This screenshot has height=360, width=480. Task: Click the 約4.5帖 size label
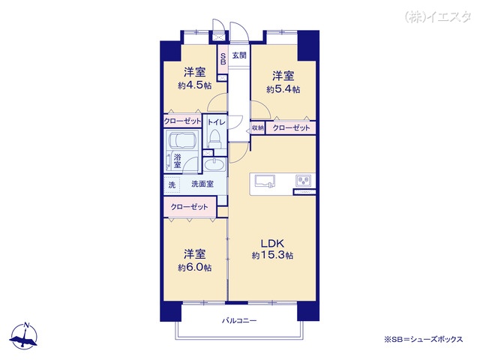coord(195,85)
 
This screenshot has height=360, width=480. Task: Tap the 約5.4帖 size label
coord(283,89)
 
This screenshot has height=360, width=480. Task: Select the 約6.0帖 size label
coord(195,268)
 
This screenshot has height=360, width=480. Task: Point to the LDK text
coord(272,243)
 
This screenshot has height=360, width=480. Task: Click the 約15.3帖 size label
coord(272,255)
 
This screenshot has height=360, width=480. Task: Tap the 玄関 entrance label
coord(239,55)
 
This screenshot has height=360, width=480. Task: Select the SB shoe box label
coord(223,59)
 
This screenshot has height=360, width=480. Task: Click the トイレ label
coord(217,122)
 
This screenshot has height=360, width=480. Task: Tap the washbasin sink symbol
coord(214,165)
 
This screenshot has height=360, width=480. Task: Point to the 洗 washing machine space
coord(172,185)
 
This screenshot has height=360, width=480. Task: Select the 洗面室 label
coord(202,184)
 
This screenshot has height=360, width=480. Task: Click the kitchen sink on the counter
coord(265,181)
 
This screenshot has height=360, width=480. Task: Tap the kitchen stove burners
coord(303,180)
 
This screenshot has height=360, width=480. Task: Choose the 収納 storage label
coord(258,128)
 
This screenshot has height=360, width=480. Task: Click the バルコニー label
coord(239,321)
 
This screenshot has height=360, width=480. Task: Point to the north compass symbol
coord(24,335)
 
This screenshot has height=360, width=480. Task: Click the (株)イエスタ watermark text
coord(438,16)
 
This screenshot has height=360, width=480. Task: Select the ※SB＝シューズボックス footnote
coord(424,339)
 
